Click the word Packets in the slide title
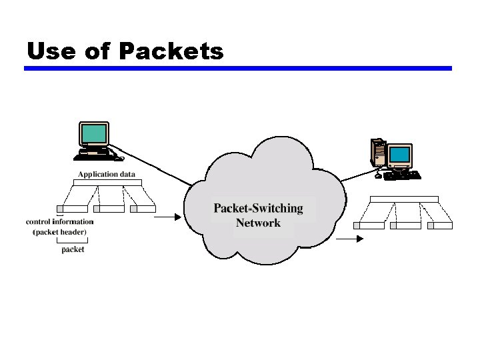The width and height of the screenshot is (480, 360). coord(172,51)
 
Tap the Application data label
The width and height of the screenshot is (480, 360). coord(107,175)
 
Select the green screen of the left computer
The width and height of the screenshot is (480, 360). coord(93,134)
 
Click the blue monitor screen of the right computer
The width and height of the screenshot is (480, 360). coord(400,155)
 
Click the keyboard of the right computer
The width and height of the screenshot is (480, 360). coord(402,175)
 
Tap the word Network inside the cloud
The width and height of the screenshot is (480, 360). coord(258,223)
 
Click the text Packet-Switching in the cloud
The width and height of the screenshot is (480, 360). coord(258,208)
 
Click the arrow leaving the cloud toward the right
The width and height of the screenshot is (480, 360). coord(350,237)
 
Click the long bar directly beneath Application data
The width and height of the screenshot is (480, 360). coord(107,183)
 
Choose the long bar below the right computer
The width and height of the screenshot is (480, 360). coord(404,199)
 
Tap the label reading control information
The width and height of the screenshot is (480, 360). coord(60,221)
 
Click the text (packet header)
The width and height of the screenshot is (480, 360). coord(60,232)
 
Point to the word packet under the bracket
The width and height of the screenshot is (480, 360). coord(73,249)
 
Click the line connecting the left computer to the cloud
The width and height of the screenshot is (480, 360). coord(157,163)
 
